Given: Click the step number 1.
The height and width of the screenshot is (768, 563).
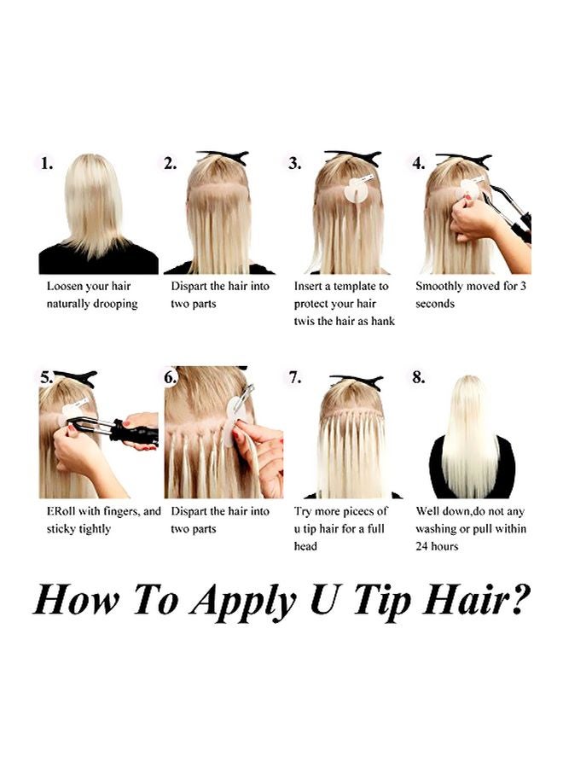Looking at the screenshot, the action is (x=47, y=163).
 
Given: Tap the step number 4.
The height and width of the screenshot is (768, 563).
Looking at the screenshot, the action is (x=419, y=163).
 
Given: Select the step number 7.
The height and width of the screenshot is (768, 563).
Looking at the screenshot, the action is (x=294, y=378).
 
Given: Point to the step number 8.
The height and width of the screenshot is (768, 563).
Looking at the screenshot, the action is (x=419, y=378).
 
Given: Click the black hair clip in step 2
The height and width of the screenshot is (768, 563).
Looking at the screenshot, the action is (x=223, y=157).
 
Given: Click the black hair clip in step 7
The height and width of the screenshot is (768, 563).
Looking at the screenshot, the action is (x=357, y=381).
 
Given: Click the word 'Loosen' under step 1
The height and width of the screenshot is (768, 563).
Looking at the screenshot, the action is (x=65, y=286).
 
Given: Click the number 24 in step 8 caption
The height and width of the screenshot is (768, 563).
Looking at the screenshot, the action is (x=421, y=546).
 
